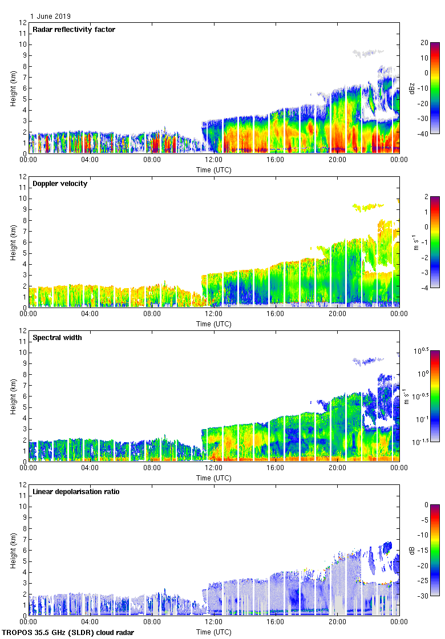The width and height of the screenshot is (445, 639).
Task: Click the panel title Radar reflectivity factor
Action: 74,30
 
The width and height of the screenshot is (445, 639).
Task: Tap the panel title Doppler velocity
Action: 60,184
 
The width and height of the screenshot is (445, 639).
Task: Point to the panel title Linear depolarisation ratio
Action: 76,492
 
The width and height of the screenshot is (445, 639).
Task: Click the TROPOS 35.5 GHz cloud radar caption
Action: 68,633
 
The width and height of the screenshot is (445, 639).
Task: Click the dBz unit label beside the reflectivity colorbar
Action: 412,88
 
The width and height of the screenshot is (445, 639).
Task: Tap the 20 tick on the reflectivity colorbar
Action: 424,43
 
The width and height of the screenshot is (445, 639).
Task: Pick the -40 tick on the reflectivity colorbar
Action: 424,134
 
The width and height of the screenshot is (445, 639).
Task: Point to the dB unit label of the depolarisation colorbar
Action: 412,550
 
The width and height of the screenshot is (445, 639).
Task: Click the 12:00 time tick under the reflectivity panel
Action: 214,160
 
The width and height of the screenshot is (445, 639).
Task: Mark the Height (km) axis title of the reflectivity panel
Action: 13,88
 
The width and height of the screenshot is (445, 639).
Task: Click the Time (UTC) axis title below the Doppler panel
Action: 214,324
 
